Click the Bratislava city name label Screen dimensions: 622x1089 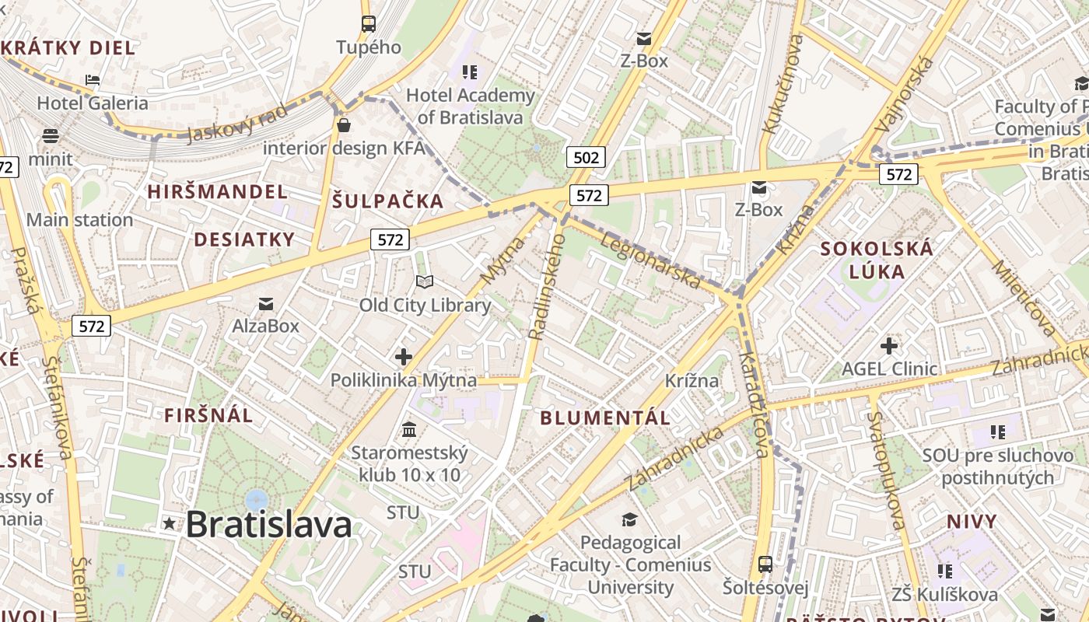point(268,525)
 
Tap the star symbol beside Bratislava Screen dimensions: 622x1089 point(169,524)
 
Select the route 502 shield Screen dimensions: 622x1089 point(586,158)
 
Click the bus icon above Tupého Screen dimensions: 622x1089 point(369,24)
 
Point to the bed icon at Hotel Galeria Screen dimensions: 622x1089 point(93,80)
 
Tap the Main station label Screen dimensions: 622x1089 point(79,220)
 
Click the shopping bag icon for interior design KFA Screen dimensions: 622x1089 point(344,124)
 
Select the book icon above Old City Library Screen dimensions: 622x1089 point(424,281)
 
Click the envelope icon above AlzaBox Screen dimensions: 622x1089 point(266,303)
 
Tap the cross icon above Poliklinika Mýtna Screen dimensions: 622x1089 point(403,357)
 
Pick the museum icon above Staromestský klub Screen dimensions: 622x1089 point(409,429)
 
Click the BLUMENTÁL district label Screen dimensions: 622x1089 point(605,418)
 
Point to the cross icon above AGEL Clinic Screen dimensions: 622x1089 point(889,345)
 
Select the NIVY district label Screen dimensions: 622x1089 point(972,521)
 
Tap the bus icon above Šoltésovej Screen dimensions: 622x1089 point(765,564)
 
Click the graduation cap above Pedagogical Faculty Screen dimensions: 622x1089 point(629,519)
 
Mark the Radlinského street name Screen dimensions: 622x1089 point(546,287)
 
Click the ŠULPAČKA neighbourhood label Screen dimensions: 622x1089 point(387,201)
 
